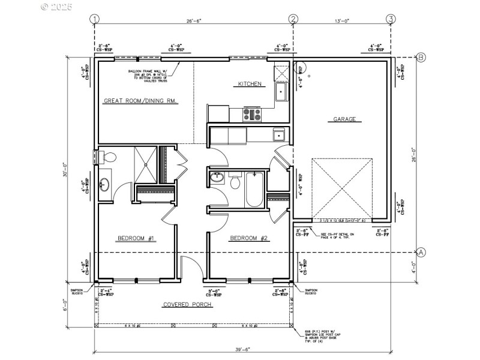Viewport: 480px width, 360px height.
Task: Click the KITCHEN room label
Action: tap(250, 85)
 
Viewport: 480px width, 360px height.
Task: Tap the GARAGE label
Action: tap(344, 119)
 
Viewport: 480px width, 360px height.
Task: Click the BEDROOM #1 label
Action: tap(136, 238)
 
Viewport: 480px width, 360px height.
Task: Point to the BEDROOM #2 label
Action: tap(249, 238)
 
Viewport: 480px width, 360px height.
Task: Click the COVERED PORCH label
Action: tap(188, 305)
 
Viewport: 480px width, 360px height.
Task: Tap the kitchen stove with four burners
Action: tap(251, 112)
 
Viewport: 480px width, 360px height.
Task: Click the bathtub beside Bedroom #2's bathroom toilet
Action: tap(254, 189)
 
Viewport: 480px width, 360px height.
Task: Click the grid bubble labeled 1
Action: tap(94, 19)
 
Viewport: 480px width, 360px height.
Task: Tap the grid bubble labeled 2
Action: tap(293, 19)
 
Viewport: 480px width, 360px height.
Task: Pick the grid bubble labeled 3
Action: tap(391, 19)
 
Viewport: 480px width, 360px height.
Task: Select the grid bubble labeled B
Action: tap(421, 58)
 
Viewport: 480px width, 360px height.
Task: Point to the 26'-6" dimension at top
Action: tap(193, 20)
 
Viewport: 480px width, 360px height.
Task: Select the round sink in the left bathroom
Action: tap(103, 184)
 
